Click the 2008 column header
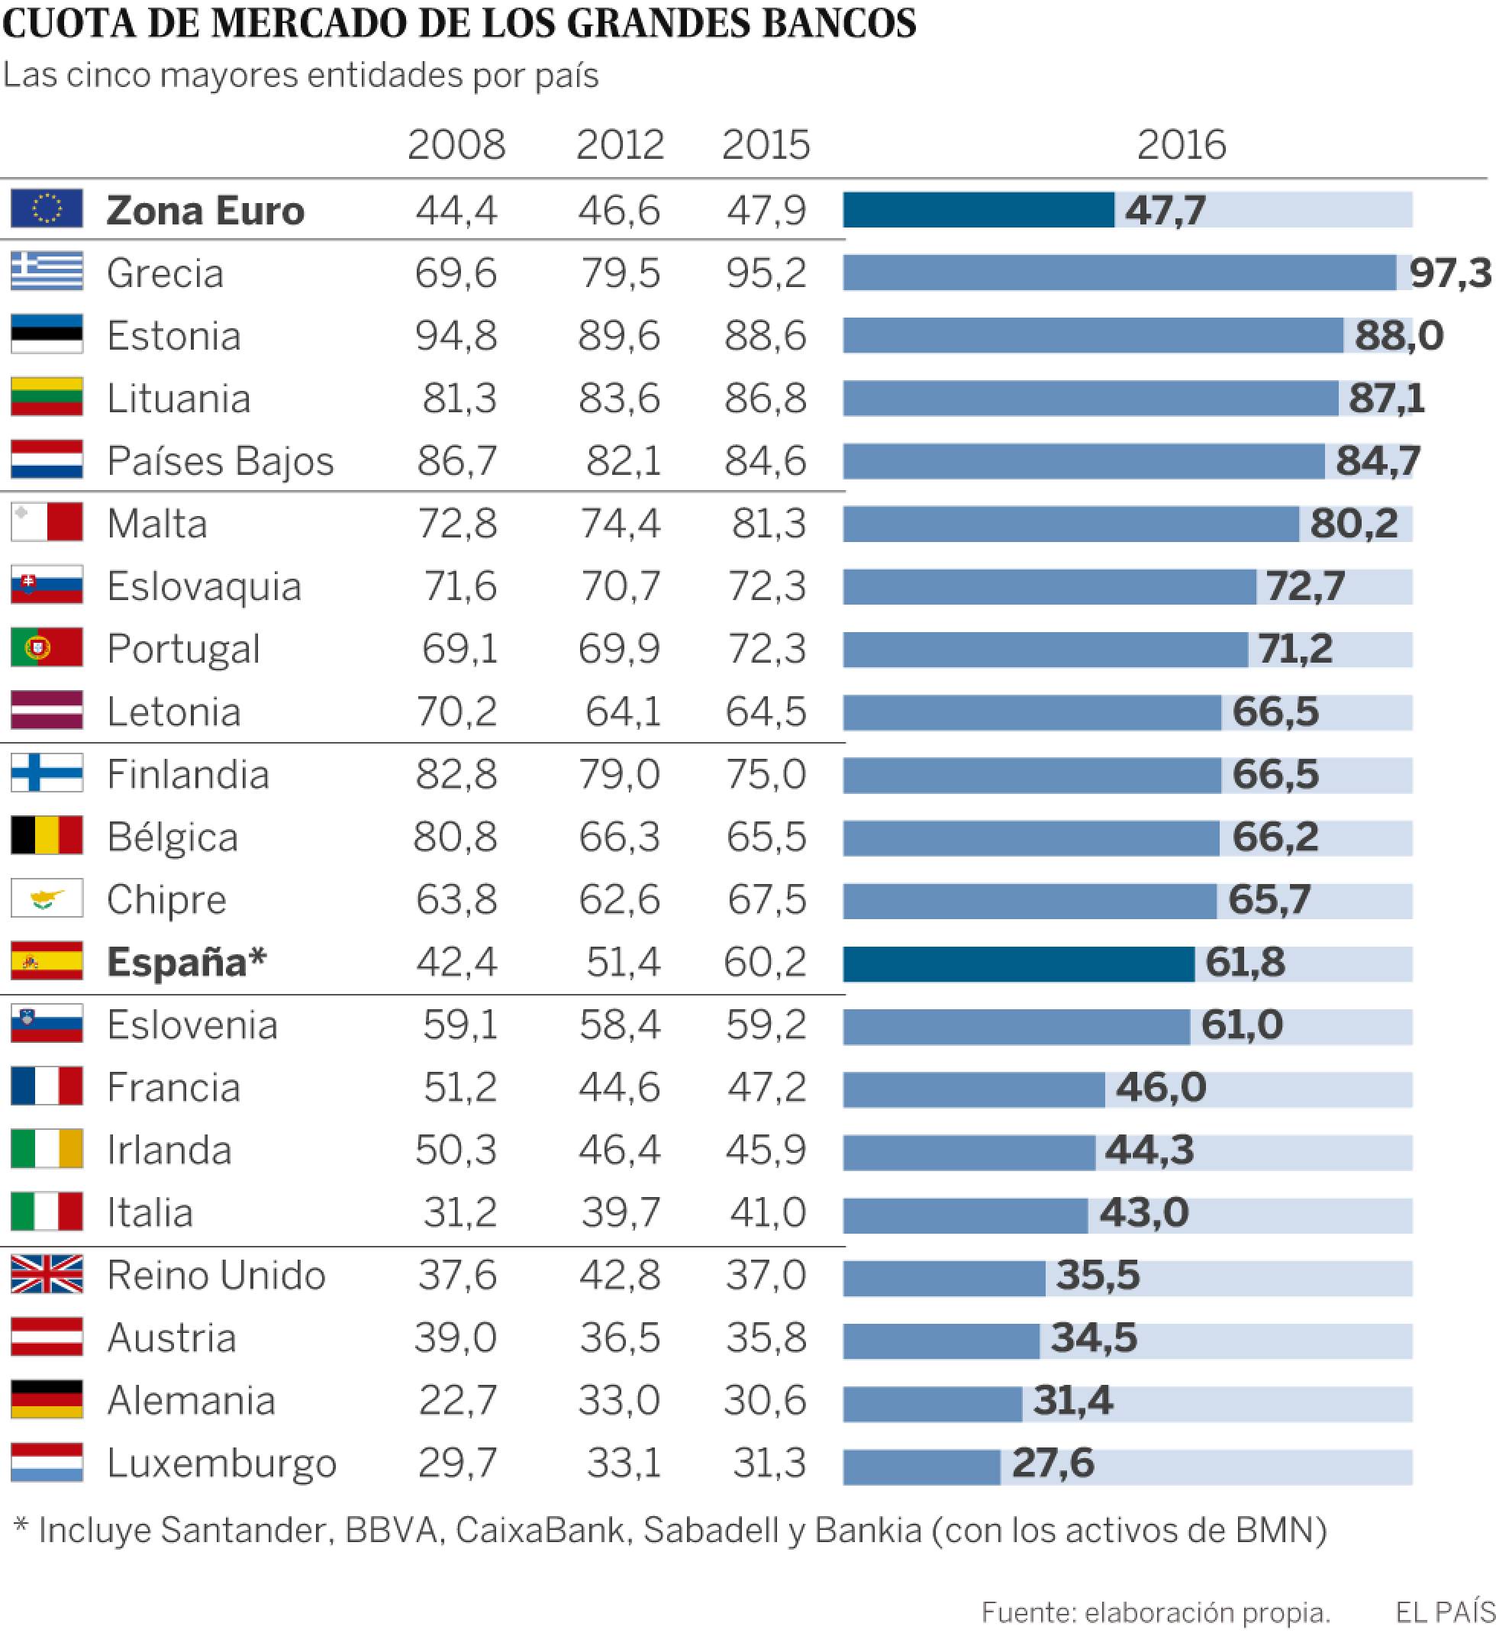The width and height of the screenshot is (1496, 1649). [x=456, y=145]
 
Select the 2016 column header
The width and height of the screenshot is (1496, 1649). [x=1181, y=145]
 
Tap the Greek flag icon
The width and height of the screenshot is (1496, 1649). [x=47, y=271]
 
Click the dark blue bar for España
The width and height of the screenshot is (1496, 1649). [x=1017, y=963]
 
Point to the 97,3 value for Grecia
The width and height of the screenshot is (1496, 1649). [x=1450, y=273]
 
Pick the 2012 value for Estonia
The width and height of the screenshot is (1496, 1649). [x=619, y=335]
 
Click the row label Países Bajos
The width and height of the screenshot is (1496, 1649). [x=220, y=461]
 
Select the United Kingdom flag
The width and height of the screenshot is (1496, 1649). [x=47, y=1273]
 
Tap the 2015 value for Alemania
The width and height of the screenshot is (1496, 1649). [x=765, y=1400]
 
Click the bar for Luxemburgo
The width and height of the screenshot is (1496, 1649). [x=921, y=1467]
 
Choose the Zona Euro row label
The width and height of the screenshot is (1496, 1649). [x=205, y=210]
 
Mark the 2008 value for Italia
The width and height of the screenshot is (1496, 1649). [x=459, y=1212]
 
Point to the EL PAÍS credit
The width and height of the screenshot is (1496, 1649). [x=1444, y=1612]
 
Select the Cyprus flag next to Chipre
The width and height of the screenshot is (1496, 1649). [x=47, y=898]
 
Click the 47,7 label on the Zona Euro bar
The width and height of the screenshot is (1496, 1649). [x=1165, y=210]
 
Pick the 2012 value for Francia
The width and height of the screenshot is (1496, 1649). [x=619, y=1087]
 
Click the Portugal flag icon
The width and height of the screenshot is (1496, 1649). [x=47, y=647]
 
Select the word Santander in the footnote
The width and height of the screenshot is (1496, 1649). [x=244, y=1530]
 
